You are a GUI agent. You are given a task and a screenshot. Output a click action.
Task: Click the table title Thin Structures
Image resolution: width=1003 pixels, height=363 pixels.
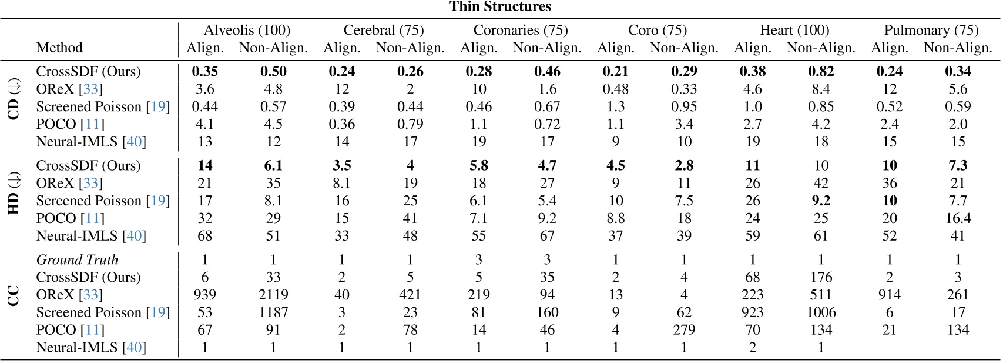pyautogui.click(x=501, y=7)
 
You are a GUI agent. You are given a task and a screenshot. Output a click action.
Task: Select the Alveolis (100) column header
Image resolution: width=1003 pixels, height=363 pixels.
pyautogui.click(x=247, y=30)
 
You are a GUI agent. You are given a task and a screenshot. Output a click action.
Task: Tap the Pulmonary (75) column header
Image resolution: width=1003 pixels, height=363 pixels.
pyautogui.click(x=931, y=30)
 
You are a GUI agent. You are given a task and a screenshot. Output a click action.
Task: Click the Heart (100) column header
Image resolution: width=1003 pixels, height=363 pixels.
pyautogui.click(x=794, y=30)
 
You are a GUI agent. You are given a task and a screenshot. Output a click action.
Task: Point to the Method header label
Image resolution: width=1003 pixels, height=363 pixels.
pyautogui.click(x=59, y=48)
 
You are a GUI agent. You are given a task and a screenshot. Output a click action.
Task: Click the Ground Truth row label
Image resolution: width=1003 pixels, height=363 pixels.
pyautogui.click(x=77, y=259)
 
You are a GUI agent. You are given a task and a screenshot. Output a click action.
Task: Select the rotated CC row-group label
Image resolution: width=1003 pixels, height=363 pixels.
pyautogui.click(x=14, y=295)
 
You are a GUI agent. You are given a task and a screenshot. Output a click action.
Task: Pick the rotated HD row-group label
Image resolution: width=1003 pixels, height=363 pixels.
pyautogui.click(x=14, y=201)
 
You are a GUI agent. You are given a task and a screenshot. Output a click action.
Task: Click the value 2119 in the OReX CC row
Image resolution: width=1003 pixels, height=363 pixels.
pyautogui.click(x=273, y=295)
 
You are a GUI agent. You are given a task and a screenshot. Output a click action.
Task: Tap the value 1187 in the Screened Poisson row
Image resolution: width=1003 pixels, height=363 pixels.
pyautogui.click(x=273, y=312)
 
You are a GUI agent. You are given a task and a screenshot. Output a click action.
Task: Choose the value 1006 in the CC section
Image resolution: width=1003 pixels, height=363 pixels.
pyautogui.click(x=821, y=312)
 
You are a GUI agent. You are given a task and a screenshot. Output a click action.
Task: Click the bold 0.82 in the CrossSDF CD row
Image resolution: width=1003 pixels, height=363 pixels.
pyautogui.click(x=821, y=71)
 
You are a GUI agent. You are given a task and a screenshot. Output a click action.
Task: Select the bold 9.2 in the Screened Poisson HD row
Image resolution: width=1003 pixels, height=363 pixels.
pyautogui.click(x=821, y=201)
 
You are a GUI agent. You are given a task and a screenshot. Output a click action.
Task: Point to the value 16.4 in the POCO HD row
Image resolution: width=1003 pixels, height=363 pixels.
pyautogui.click(x=958, y=218)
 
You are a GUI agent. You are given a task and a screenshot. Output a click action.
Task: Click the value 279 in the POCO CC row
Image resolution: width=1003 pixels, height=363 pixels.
pyautogui.click(x=684, y=330)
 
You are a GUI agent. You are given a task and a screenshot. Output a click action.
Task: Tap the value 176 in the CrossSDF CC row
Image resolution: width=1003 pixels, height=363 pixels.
pyautogui.click(x=821, y=277)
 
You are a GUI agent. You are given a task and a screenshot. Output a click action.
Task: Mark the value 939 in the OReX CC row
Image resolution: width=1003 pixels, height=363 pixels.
pyautogui.click(x=204, y=295)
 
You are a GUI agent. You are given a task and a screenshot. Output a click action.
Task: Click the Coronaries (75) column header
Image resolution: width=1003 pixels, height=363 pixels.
pyautogui.click(x=521, y=30)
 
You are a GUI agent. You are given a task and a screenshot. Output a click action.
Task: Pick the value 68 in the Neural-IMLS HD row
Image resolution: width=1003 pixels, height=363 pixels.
pyautogui.click(x=204, y=236)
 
